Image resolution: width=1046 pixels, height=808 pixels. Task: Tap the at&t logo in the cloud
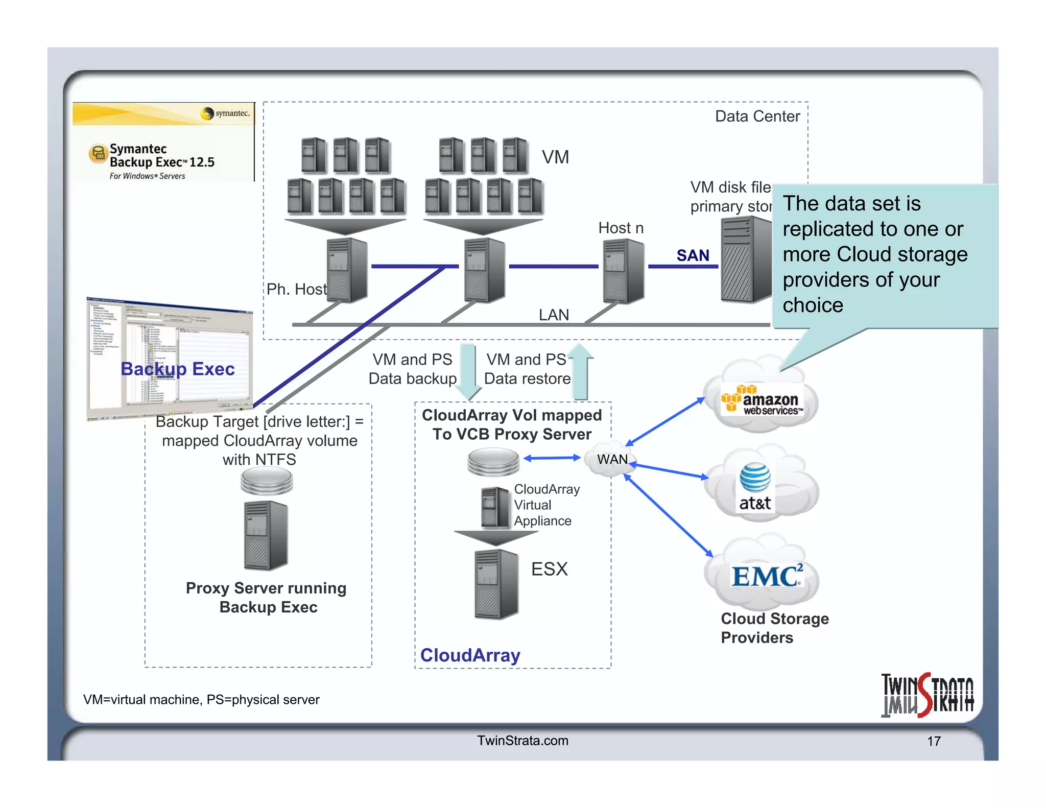coord(755,488)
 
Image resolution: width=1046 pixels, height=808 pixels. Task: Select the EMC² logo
coord(766,576)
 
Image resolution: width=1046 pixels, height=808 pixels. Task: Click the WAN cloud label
coord(612,459)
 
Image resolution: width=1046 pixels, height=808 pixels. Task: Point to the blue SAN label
coord(693,255)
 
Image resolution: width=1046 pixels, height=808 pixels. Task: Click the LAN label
coord(554,315)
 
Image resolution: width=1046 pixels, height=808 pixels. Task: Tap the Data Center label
coord(757,116)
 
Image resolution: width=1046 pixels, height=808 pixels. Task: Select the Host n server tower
coord(623,271)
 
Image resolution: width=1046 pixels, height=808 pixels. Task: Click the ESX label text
coord(549,569)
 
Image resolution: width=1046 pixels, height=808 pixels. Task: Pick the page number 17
coord(934,741)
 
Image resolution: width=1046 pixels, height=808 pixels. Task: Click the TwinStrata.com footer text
coord(522,741)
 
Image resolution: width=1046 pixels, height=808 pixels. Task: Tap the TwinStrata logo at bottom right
coord(927,695)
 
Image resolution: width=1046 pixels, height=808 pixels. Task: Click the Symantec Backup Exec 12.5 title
coord(161,156)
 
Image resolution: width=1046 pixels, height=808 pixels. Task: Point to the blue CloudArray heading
coord(470,655)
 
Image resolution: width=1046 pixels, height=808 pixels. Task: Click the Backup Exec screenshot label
coord(177,369)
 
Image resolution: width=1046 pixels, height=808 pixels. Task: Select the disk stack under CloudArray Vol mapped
coord(493,461)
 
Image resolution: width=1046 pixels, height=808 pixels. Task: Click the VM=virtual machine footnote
coord(201,700)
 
